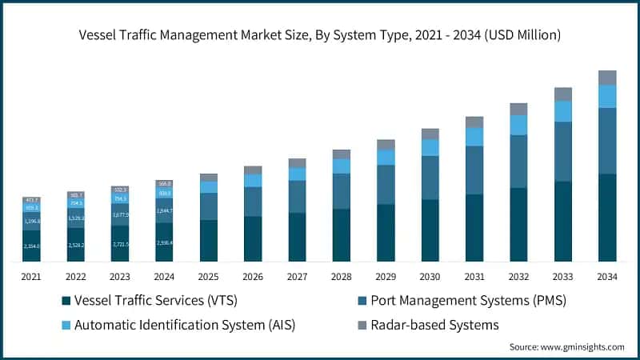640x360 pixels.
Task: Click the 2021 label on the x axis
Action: click(x=31, y=276)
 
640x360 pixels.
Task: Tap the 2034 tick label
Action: click(x=607, y=276)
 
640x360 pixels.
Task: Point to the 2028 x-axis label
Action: click(x=342, y=276)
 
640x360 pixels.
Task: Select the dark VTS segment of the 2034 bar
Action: click(x=607, y=217)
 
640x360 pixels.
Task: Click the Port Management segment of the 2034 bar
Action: click(x=607, y=141)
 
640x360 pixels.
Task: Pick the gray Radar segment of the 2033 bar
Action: click(x=563, y=94)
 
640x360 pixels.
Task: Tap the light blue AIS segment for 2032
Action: click(x=518, y=125)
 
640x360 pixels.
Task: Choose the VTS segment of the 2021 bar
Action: click(x=31, y=246)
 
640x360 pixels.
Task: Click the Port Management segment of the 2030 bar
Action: click(x=430, y=178)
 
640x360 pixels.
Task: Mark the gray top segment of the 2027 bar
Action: click(x=298, y=162)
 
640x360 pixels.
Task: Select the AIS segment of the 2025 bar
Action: click(x=209, y=187)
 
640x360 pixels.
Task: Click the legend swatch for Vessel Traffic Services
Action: click(x=66, y=302)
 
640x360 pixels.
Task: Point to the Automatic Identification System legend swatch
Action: click(x=66, y=325)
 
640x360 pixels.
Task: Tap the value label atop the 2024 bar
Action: click(x=165, y=183)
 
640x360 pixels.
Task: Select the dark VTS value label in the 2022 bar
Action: click(x=76, y=246)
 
